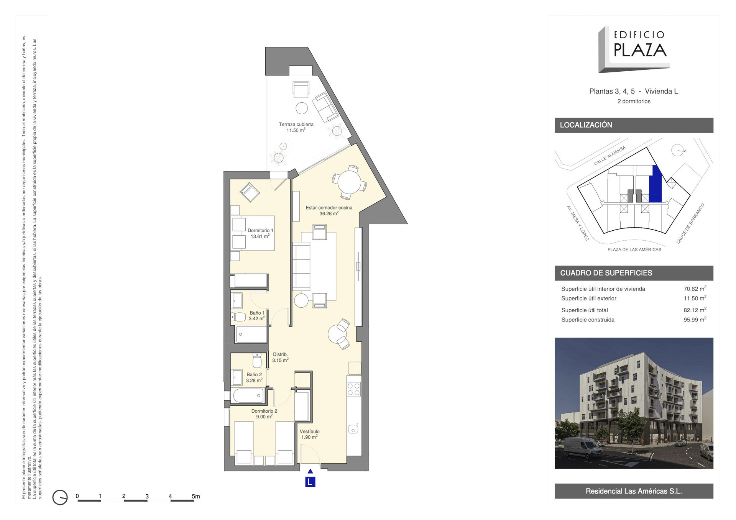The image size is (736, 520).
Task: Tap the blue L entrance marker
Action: tap(310, 482)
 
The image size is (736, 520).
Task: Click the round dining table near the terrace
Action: tap(349, 182)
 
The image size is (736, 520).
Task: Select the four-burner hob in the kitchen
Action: tap(354, 389)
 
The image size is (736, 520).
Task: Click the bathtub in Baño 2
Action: tap(248, 395)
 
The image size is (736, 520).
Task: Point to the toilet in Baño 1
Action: tap(238, 317)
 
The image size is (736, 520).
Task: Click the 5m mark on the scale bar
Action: tap(195, 496)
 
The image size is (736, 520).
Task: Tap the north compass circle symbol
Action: tap(60, 497)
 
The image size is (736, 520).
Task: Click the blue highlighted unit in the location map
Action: tap(655, 185)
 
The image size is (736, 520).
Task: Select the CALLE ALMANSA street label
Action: tap(609, 156)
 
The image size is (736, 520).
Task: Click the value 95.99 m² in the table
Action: tap(695, 320)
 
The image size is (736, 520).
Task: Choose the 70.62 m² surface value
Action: tap(695, 289)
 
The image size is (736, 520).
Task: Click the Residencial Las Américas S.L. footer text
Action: tap(634, 491)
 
